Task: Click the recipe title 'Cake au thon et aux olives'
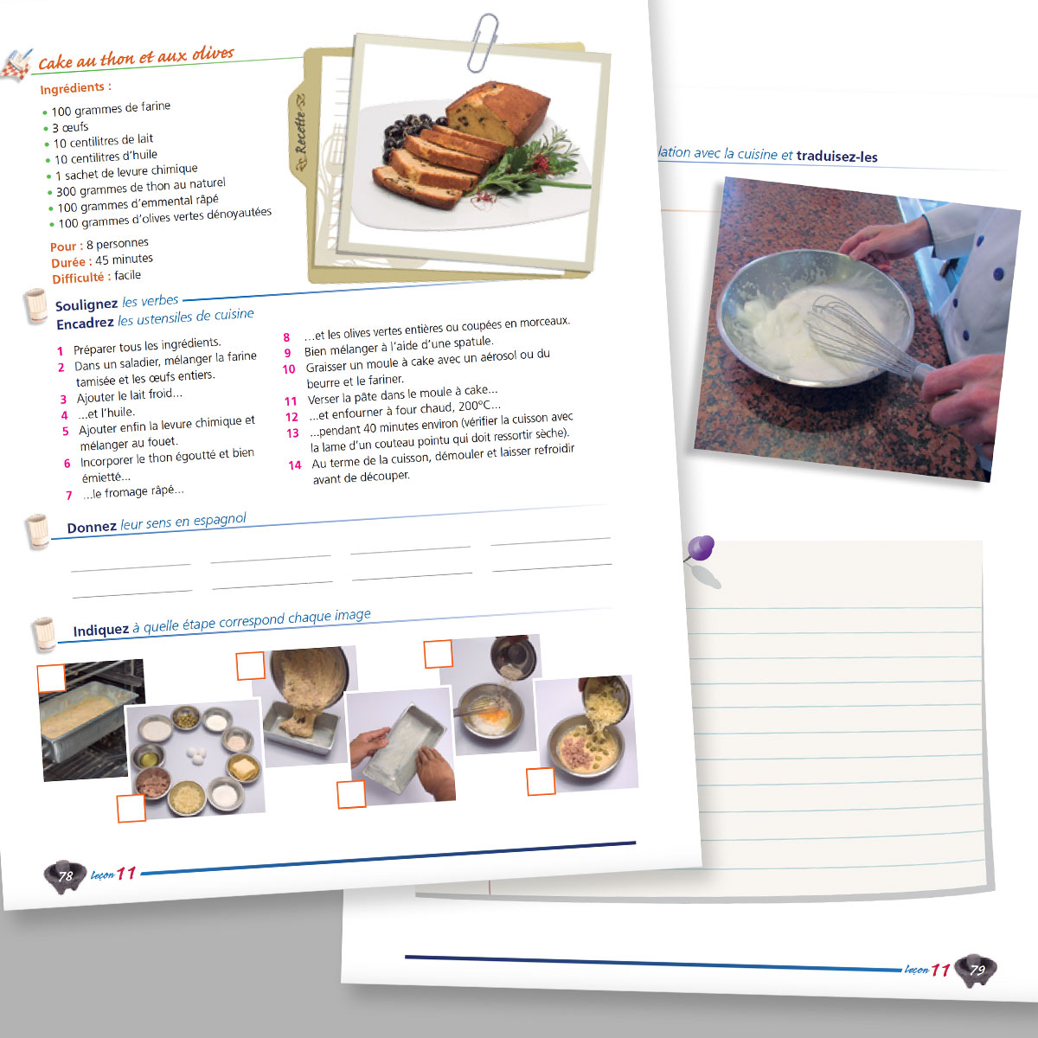(136, 58)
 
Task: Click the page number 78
(65, 876)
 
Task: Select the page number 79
(977, 971)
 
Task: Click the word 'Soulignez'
(86, 304)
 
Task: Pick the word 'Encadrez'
(85, 324)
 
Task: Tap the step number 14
(294, 465)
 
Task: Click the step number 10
(289, 369)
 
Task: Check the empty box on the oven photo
(51, 677)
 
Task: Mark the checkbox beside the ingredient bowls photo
(131, 808)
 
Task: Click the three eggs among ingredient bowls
(198, 754)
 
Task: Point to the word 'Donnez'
(91, 528)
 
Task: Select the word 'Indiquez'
(100, 631)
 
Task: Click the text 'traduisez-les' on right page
(836, 157)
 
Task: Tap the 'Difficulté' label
(78, 278)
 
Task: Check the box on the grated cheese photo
(541, 781)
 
